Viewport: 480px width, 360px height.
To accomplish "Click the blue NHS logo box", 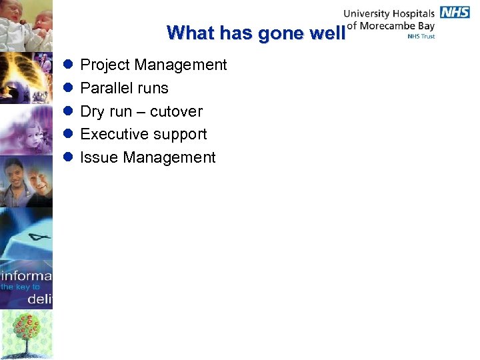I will point(455,13).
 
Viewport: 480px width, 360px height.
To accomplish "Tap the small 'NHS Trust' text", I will point(421,37).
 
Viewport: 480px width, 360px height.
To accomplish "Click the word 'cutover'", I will point(176,111).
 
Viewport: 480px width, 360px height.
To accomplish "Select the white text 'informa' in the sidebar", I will point(26,275).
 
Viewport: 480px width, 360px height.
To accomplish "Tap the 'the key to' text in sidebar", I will point(20,287).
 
